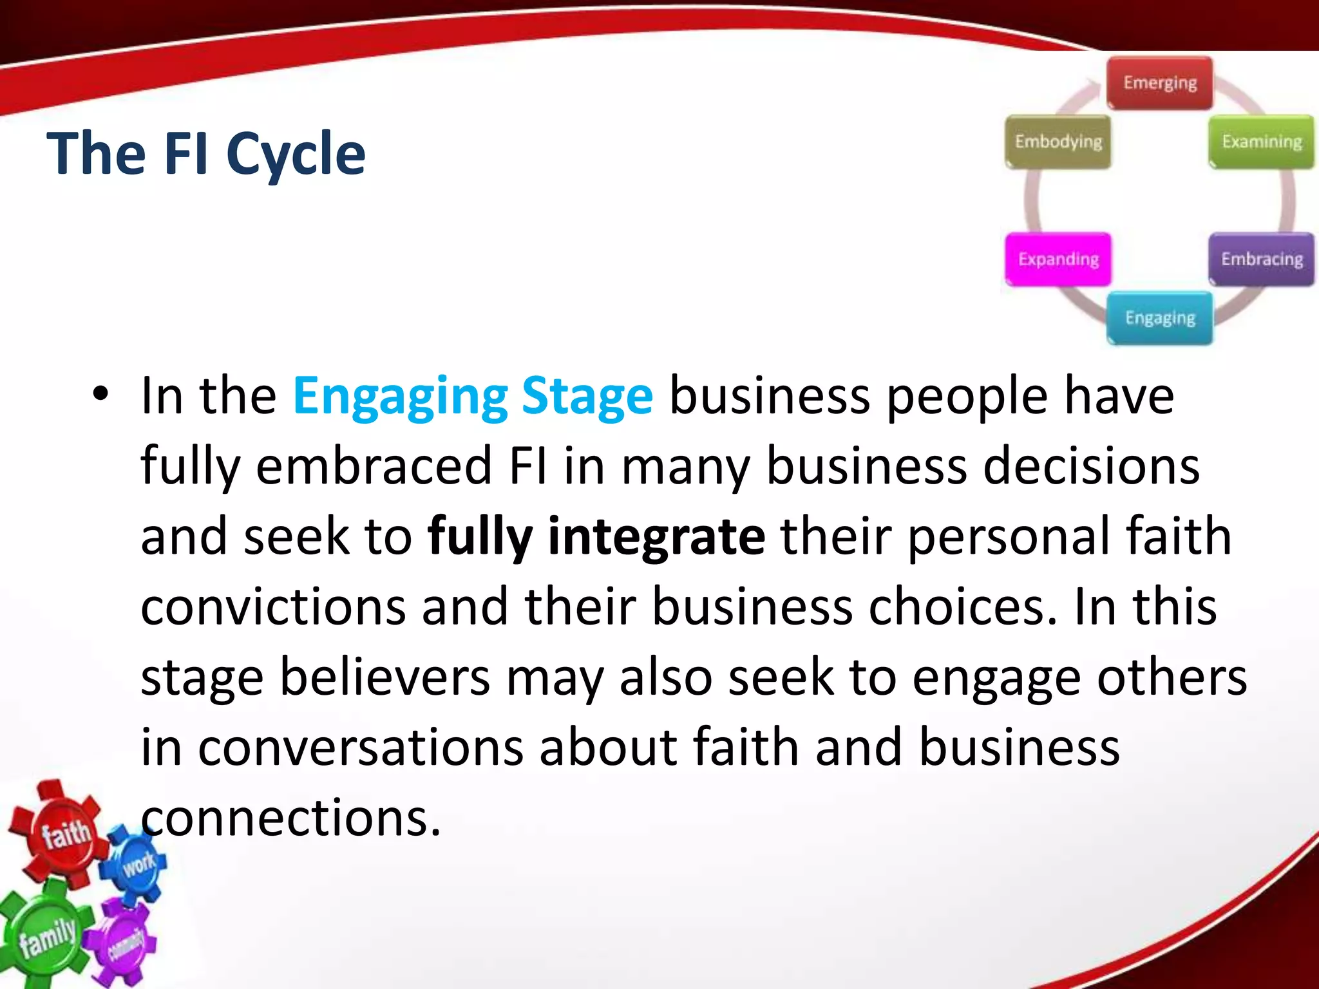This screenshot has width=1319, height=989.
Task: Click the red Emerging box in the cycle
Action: click(x=1159, y=83)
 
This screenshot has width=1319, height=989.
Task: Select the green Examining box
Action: click(x=1261, y=142)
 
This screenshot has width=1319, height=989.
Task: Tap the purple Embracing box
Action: click(x=1261, y=259)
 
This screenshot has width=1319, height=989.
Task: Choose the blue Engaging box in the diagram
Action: click(x=1159, y=318)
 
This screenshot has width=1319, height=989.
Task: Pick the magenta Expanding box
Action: click(x=1058, y=259)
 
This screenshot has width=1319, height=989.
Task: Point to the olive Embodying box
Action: click(x=1058, y=142)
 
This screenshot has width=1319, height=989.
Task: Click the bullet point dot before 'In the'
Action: click(x=100, y=394)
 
